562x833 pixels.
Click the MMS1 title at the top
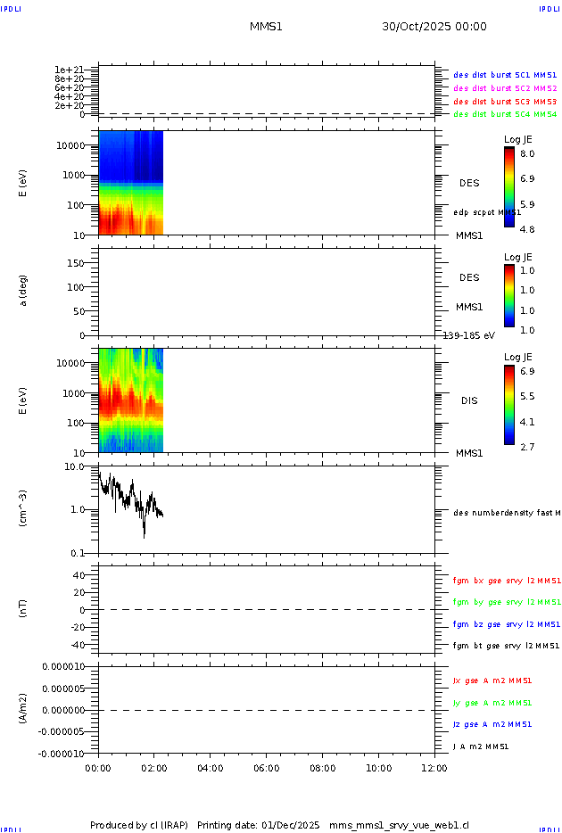266,27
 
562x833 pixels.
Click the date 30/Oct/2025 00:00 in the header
434,27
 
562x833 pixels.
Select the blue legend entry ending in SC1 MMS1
505,76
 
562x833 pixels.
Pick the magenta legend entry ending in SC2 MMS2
505,88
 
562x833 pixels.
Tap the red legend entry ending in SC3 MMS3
505,102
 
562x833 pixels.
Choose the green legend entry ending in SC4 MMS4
505,114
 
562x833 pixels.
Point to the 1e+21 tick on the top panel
69,70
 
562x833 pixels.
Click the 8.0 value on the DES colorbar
527,153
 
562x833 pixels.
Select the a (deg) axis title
24,290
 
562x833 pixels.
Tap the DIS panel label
469,400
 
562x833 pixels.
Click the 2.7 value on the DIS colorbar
527,447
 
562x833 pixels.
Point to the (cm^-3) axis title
24,508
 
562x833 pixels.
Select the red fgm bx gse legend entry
507,581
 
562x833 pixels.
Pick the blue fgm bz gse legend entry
507,624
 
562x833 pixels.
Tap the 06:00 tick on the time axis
266,767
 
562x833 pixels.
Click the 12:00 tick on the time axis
434,767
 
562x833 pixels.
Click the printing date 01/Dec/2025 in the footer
290,825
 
